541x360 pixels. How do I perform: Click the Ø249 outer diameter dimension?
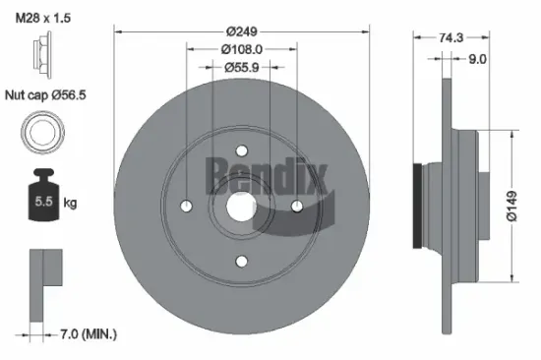[x=240, y=31]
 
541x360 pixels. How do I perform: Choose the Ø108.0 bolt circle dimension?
[x=240, y=49]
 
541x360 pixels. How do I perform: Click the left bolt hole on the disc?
[x=186, y=205]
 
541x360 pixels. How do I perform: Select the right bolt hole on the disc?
[x=296, y=205]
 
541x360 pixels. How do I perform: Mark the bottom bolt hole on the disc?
[x=241, y=260]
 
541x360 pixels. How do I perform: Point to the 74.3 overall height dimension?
[x=450, y=36]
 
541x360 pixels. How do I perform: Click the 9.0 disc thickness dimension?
[x=477, y=59]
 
